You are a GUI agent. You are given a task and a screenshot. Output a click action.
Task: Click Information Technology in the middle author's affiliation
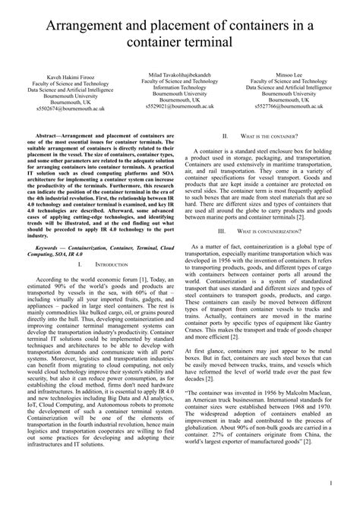(179, 87)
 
